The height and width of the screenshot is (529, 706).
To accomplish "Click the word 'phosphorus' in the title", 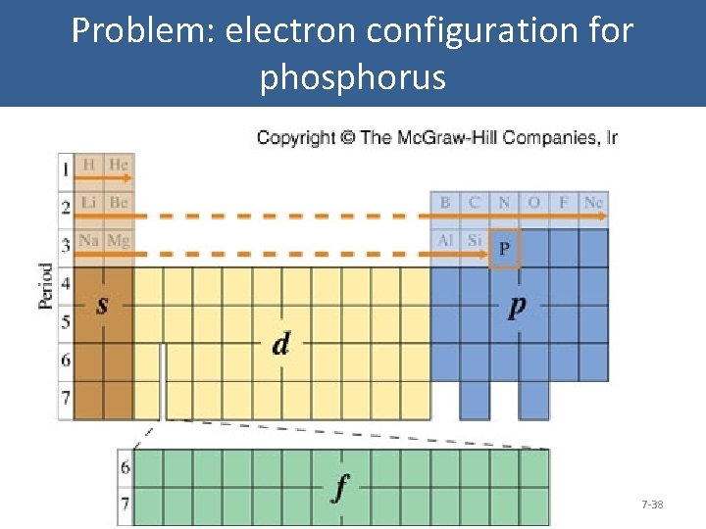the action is [353, 76].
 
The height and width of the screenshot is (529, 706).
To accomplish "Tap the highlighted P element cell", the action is [504, 249].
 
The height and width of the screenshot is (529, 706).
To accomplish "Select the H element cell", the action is [88, 165].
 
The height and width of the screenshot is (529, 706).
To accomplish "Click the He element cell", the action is [118, 165].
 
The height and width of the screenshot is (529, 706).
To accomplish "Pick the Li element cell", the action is [88, 203].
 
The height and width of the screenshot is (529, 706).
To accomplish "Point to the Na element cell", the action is [88, 241].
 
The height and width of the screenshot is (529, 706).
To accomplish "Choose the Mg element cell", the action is [118, 241].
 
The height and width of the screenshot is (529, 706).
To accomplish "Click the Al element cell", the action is [445, 241].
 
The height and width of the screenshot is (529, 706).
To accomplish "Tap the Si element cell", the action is [475, 241].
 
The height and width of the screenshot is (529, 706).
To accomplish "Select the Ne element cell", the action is [593, 203].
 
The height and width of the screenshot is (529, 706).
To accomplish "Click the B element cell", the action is [445, 203].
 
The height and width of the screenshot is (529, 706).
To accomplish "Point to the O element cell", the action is [533, 203].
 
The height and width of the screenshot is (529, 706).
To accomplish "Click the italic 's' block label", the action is [101, 306].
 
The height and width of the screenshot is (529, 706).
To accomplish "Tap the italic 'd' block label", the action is [281, 344].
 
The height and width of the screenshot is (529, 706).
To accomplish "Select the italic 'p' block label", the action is [517, 306].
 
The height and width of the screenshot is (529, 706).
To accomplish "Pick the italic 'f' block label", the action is [339, 488].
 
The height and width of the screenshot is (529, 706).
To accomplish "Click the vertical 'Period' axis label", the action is [46, 286].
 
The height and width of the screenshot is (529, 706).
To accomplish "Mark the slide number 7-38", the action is [652, 505].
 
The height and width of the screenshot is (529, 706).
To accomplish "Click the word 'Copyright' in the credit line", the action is [295, 137].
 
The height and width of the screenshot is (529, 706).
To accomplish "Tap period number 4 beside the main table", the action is [66, 285].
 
